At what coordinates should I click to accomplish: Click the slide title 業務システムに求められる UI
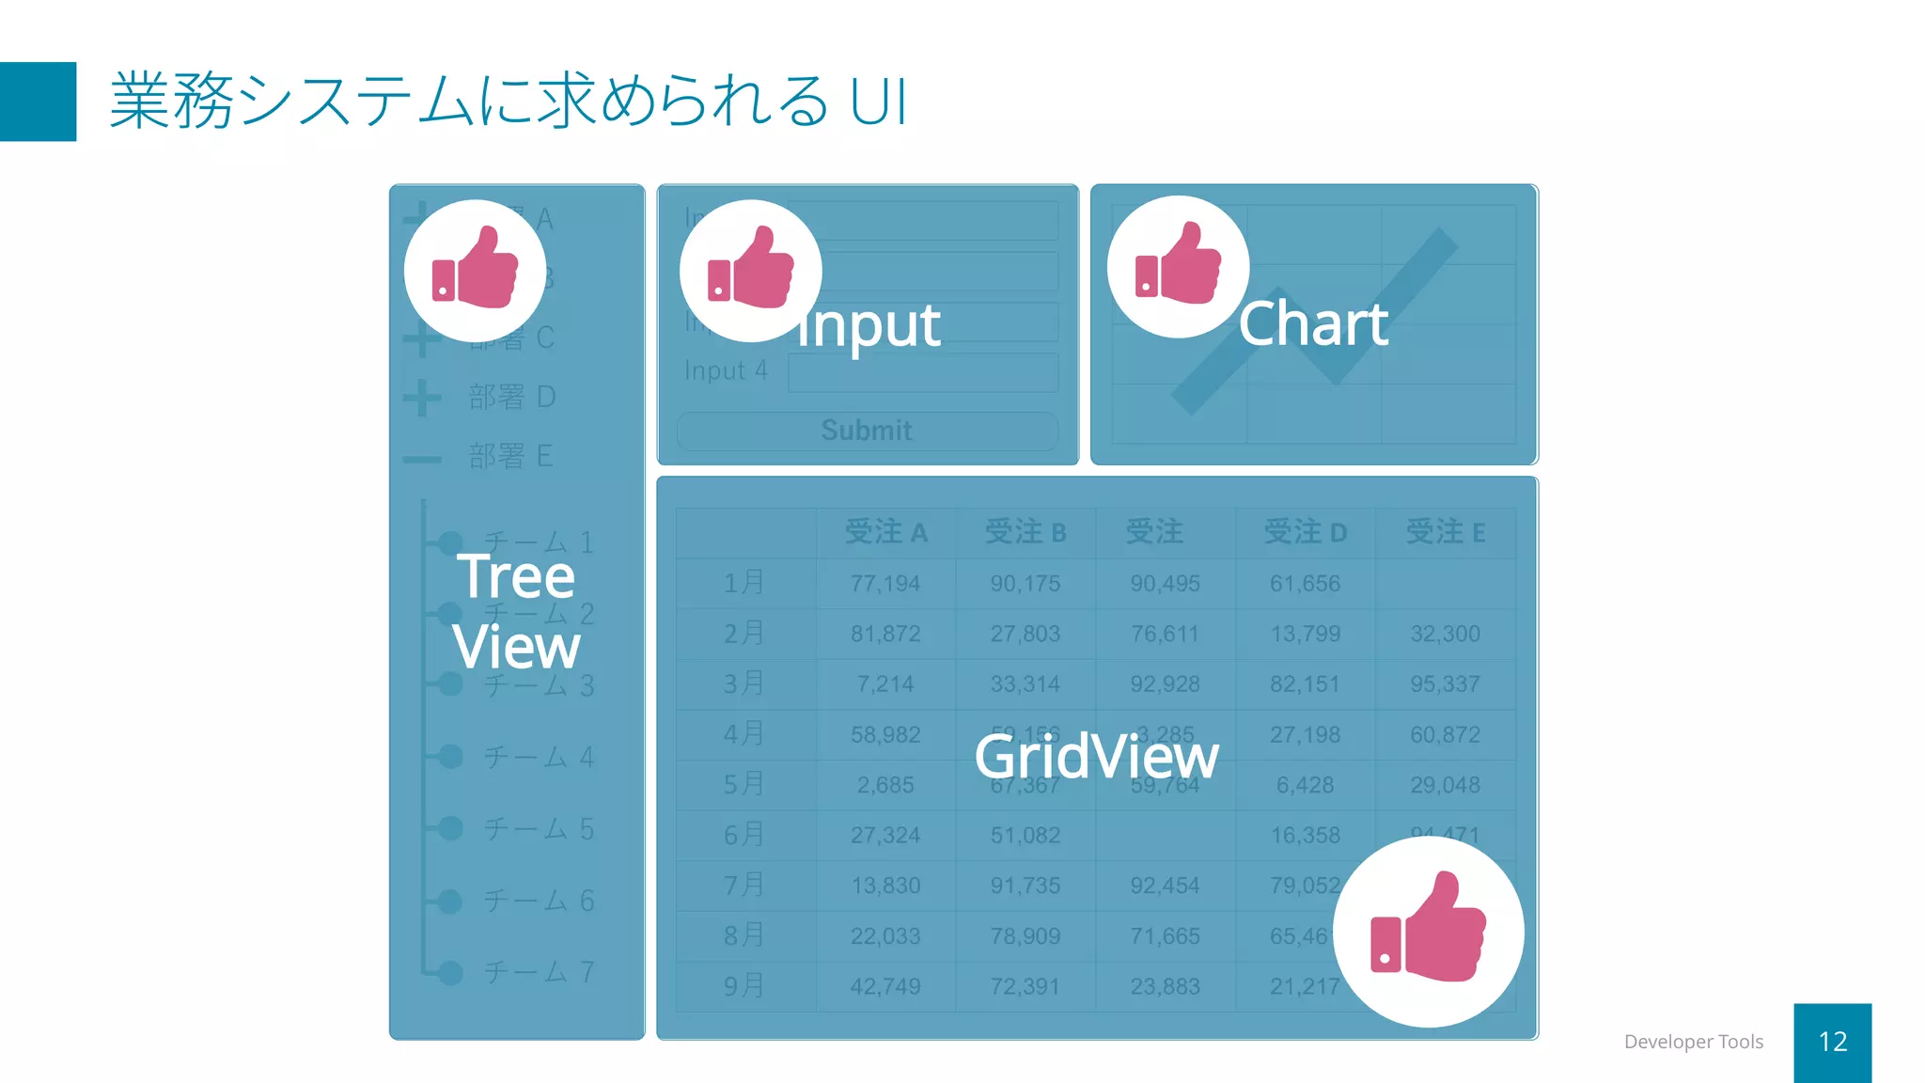click(508, 101)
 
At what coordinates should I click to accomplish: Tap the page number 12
click(1832, 1042)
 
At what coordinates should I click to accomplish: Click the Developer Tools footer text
click(1693, 1042)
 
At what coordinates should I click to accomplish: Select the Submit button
click(867, 431)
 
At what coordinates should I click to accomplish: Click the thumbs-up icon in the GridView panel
click(1428, 932)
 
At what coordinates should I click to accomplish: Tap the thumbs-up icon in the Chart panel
click(1178, 266)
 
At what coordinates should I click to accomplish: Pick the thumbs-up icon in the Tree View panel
click(475, 271)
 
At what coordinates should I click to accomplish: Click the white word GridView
click(1096, 757)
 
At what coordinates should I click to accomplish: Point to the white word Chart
click(1313, 324)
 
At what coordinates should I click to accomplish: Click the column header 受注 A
click(885, 533)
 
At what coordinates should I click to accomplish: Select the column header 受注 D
click(1305, 533)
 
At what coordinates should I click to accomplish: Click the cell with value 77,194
click(885, 584)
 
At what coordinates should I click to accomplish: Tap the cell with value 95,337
click(1445, 684)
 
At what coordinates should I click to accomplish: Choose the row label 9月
click(743, 986)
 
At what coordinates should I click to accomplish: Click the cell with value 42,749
click(885, 986)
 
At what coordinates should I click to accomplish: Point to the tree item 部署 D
click(512, 398)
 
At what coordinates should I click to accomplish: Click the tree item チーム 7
click(539, 972)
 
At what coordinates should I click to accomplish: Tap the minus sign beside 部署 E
click(422, 459)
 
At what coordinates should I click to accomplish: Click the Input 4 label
click(726, 371)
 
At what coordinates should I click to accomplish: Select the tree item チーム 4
click(539, 757)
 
